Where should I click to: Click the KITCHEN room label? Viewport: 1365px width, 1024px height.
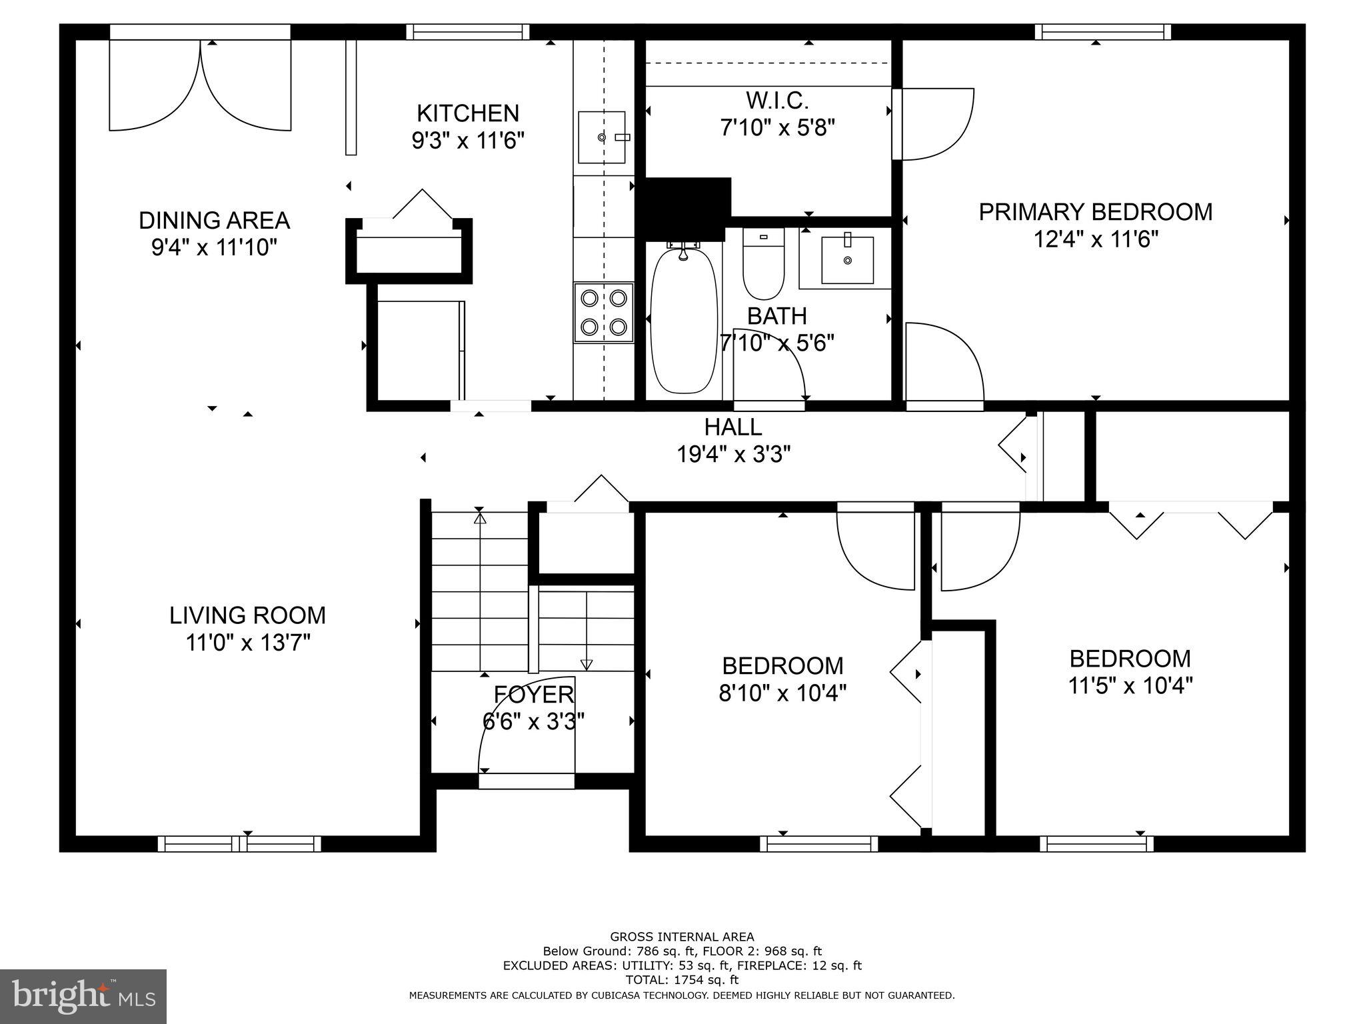468,113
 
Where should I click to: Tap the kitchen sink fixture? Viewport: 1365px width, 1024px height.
602,137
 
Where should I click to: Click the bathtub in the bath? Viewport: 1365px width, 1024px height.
683,320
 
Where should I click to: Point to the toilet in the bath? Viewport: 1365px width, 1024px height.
764,264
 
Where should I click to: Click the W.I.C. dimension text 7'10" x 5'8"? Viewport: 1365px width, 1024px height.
777,127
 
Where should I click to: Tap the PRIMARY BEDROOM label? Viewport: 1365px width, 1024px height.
1095,212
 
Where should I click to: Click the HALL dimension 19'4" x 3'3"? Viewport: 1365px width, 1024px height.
733,455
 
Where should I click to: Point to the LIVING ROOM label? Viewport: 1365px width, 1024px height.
247,615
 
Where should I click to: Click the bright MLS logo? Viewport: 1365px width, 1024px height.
83,996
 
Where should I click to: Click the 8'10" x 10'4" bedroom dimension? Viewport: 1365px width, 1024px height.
782,693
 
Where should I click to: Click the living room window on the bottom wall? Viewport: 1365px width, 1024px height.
239,844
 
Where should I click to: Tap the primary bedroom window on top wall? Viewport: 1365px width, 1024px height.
1102,31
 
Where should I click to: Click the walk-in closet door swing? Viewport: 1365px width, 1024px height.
933,125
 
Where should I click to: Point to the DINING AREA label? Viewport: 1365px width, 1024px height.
214,220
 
